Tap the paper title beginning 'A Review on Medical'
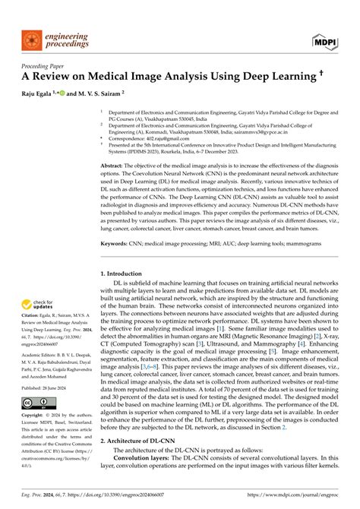[168, 76]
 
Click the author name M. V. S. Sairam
[98, 93]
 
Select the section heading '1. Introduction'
[125, 272]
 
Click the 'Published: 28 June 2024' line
[46, 386]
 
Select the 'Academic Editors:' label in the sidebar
[38, 346]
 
